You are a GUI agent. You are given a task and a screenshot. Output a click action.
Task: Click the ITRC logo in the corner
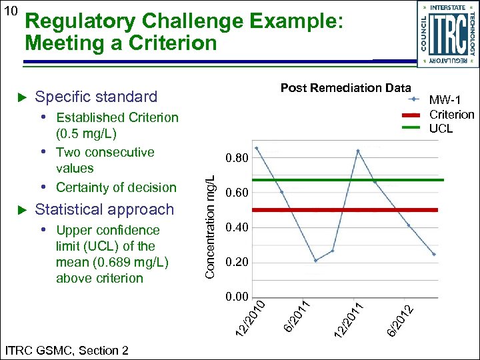point(447,33)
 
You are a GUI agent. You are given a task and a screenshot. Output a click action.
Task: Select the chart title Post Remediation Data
point(345,88)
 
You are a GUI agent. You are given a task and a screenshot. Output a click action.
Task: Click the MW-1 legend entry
point(445,100)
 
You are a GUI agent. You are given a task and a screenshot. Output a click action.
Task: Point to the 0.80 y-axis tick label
point(237,159)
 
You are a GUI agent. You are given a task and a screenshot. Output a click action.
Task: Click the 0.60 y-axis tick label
point(237,193)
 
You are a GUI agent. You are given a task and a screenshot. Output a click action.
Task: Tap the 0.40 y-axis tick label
point(237,228)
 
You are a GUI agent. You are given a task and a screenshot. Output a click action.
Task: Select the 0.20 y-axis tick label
point(237,263)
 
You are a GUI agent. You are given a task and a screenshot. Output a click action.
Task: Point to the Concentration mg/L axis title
point(209,227)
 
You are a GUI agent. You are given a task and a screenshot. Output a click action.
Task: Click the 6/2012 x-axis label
point(403,319)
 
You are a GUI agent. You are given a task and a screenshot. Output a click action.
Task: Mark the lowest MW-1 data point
point(315,260)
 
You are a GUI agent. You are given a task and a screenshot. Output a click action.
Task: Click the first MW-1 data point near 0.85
point(257,148)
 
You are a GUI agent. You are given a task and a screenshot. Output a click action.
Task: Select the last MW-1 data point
point(433,254)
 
